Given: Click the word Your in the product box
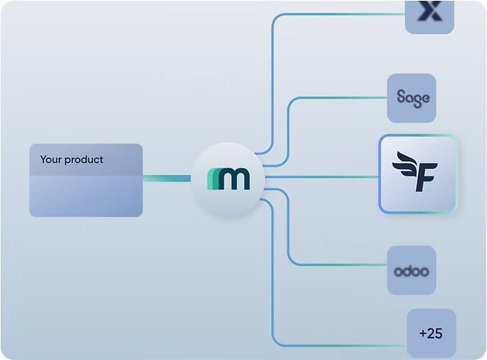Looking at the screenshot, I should (x=50, y=160).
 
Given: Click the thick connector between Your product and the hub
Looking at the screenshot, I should (x=166, y=178).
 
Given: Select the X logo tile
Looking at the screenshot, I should (x=430, y=15).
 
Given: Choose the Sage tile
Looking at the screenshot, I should (x=412, y=97).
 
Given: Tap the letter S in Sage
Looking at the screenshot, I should (x=401, y=97).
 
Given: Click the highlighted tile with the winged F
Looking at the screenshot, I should (x=418, y=174).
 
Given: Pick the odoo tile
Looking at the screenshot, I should (x=412, y=271).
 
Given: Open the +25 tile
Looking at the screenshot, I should (x=431, y=333).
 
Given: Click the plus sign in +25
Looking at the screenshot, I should (x=423, y=334).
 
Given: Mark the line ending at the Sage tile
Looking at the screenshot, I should (x=336, y=97).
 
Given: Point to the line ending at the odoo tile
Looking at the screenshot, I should (x=336, y=264).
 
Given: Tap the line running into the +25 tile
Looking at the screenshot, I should (x=336, y=344).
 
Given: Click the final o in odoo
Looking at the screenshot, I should (x=425, y=271).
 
